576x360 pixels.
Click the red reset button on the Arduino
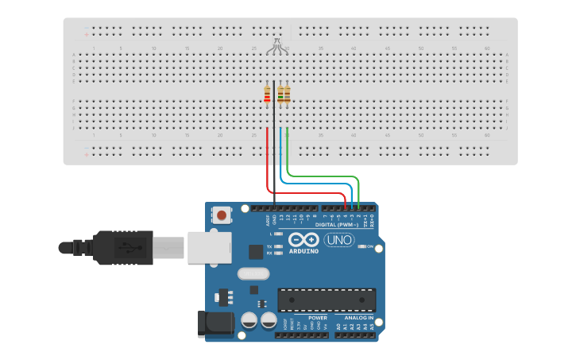click(222, 215)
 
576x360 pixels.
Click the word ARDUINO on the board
click(303, 251)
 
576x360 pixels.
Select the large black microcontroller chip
click(327, 300)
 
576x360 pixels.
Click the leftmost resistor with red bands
click(267, 95)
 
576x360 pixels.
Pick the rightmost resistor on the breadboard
click(287, 95)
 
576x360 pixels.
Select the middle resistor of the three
click(280, 95)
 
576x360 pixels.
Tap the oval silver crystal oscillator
click(253, 274)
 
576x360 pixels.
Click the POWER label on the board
click(318, 318)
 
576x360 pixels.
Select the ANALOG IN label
click(359, 318)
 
